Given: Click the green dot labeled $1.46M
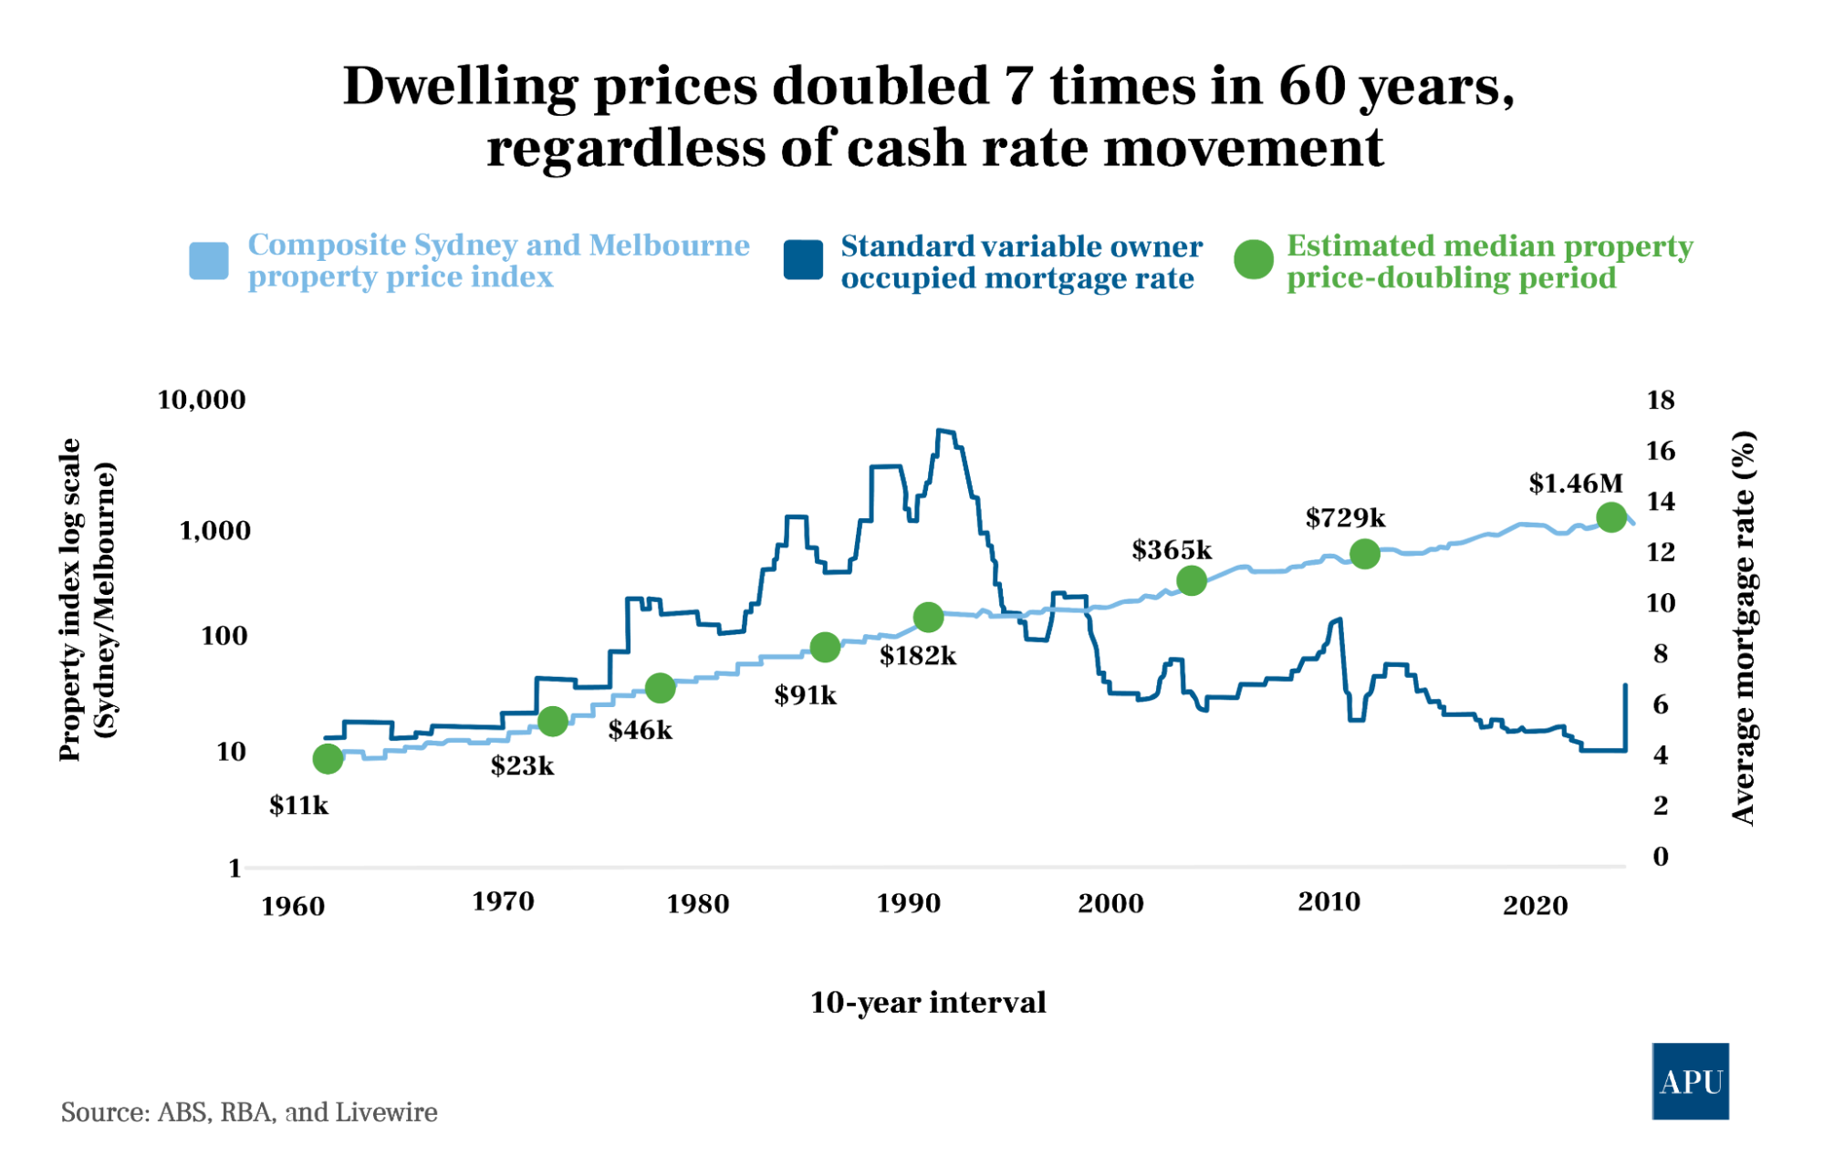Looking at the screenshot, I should click(1611, 517).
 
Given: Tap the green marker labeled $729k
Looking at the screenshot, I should click(1364, 553).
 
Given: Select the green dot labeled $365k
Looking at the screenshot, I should click(1192, 580).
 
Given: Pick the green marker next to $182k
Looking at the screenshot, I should click(928, 618).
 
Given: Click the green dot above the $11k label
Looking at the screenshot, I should click(328, 758).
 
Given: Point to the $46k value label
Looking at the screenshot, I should click(641, 730).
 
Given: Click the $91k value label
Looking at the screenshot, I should click(805, 695).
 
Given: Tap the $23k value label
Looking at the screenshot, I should click(522, 765).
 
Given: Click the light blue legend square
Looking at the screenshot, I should click(209, 261).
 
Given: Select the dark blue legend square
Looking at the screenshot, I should click(803, 260).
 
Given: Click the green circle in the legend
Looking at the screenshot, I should click(1254, 260).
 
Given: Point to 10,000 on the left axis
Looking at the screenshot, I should click(202, 400).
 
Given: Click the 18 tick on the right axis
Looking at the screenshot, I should click(1660, 400).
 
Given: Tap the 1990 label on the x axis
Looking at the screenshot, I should click(908, 903).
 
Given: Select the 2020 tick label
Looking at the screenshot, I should click(1535, 905).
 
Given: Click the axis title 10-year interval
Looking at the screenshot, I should click(927, 1002).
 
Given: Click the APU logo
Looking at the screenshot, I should click(1690, 1081).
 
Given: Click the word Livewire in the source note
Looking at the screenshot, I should click(386, 1112).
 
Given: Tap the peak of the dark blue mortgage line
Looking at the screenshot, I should click(945, 432).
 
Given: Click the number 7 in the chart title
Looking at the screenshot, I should click(1020, 87).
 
